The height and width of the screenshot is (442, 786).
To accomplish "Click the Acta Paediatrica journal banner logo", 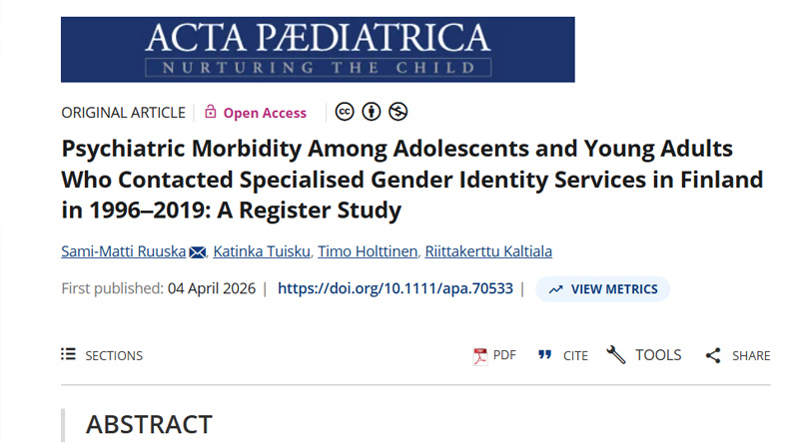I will (318, 49).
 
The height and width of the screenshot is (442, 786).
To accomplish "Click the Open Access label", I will (265, 113).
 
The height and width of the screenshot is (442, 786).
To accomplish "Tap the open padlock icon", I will (211, 112).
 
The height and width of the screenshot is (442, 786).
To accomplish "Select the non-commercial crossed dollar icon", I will (398, 112).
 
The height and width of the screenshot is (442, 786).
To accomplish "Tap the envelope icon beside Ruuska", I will (198, 251).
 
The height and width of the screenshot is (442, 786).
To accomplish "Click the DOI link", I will (394, 289).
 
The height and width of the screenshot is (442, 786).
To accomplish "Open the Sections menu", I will (102, 355).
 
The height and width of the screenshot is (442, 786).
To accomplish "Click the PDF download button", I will (495, 355).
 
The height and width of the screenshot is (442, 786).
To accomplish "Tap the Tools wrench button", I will (644, 355).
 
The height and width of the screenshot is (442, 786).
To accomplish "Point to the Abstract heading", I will (149, 424).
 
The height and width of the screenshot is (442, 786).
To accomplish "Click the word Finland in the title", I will (716, 181).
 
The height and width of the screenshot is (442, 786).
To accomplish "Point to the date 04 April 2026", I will (212, 289).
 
